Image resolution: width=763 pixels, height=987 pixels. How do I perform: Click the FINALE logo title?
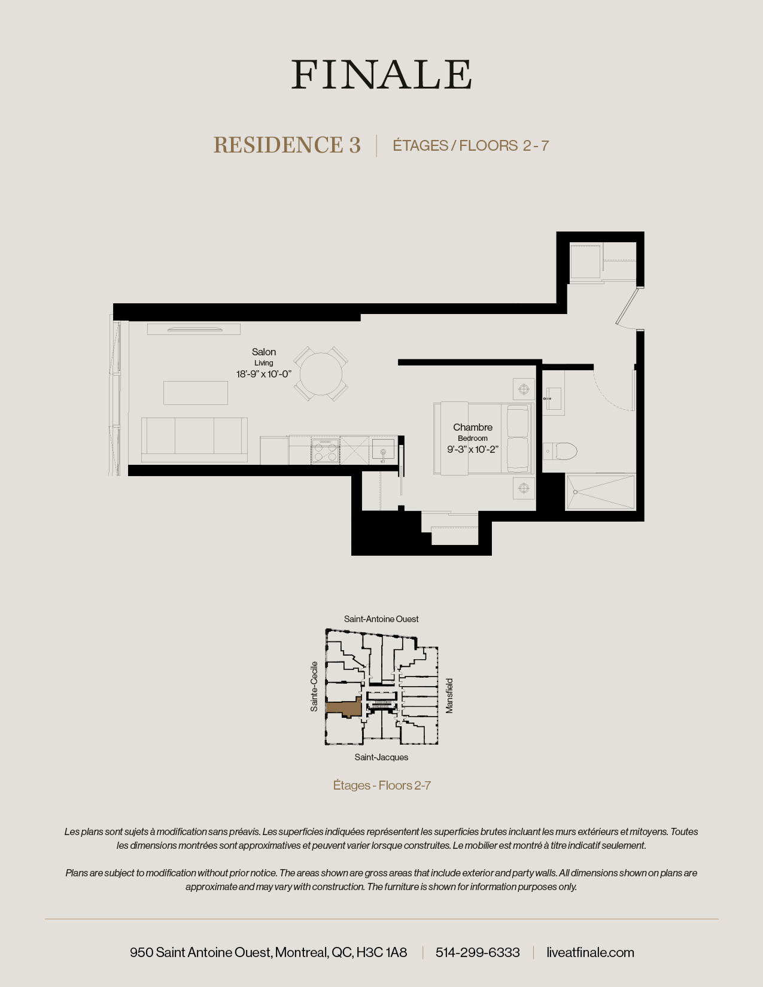pyautogui.click(x=382, y=75)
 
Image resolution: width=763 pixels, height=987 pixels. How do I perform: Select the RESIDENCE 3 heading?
pyautogui.click(x=287, y=145)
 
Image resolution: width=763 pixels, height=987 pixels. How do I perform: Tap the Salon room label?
pyautogui.click(x=264, y=352)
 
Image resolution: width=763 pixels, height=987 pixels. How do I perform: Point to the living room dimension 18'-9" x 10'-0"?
pyautogui.click(x=264, y=374)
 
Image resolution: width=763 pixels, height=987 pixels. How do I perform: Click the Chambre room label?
pyautogui.click(x=473, y=427)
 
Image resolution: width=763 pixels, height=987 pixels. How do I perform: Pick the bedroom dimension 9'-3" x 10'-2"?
pyautogui.click(x=473, y=450)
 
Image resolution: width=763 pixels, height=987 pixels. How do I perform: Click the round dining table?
pyautogui.click(x=321, y=374)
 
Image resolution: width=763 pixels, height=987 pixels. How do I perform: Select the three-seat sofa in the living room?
pyautogui.click(x=194, y=439)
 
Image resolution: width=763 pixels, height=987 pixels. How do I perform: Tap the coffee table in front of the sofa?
pyautogui.click(x=196, y=393)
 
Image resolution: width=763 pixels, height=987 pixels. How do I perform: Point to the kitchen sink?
pyautogui.click(x=383, y=449)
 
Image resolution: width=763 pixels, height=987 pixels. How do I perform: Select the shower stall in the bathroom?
pyautogui.click(x=600, y=492)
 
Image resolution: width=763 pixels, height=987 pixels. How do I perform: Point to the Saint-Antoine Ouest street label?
pyautogui.click(x=381, y=619)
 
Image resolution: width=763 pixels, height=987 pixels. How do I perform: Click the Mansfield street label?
pyautogui.click(x=449, y=696)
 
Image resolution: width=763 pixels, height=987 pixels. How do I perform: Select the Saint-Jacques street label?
pyautogui.click(x=381, y=757)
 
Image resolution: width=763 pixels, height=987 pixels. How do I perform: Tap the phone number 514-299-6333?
pyautogui.click(x=478, y=952)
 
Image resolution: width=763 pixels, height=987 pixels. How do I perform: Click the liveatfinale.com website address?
pyautogui.click(x=590, y=952)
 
